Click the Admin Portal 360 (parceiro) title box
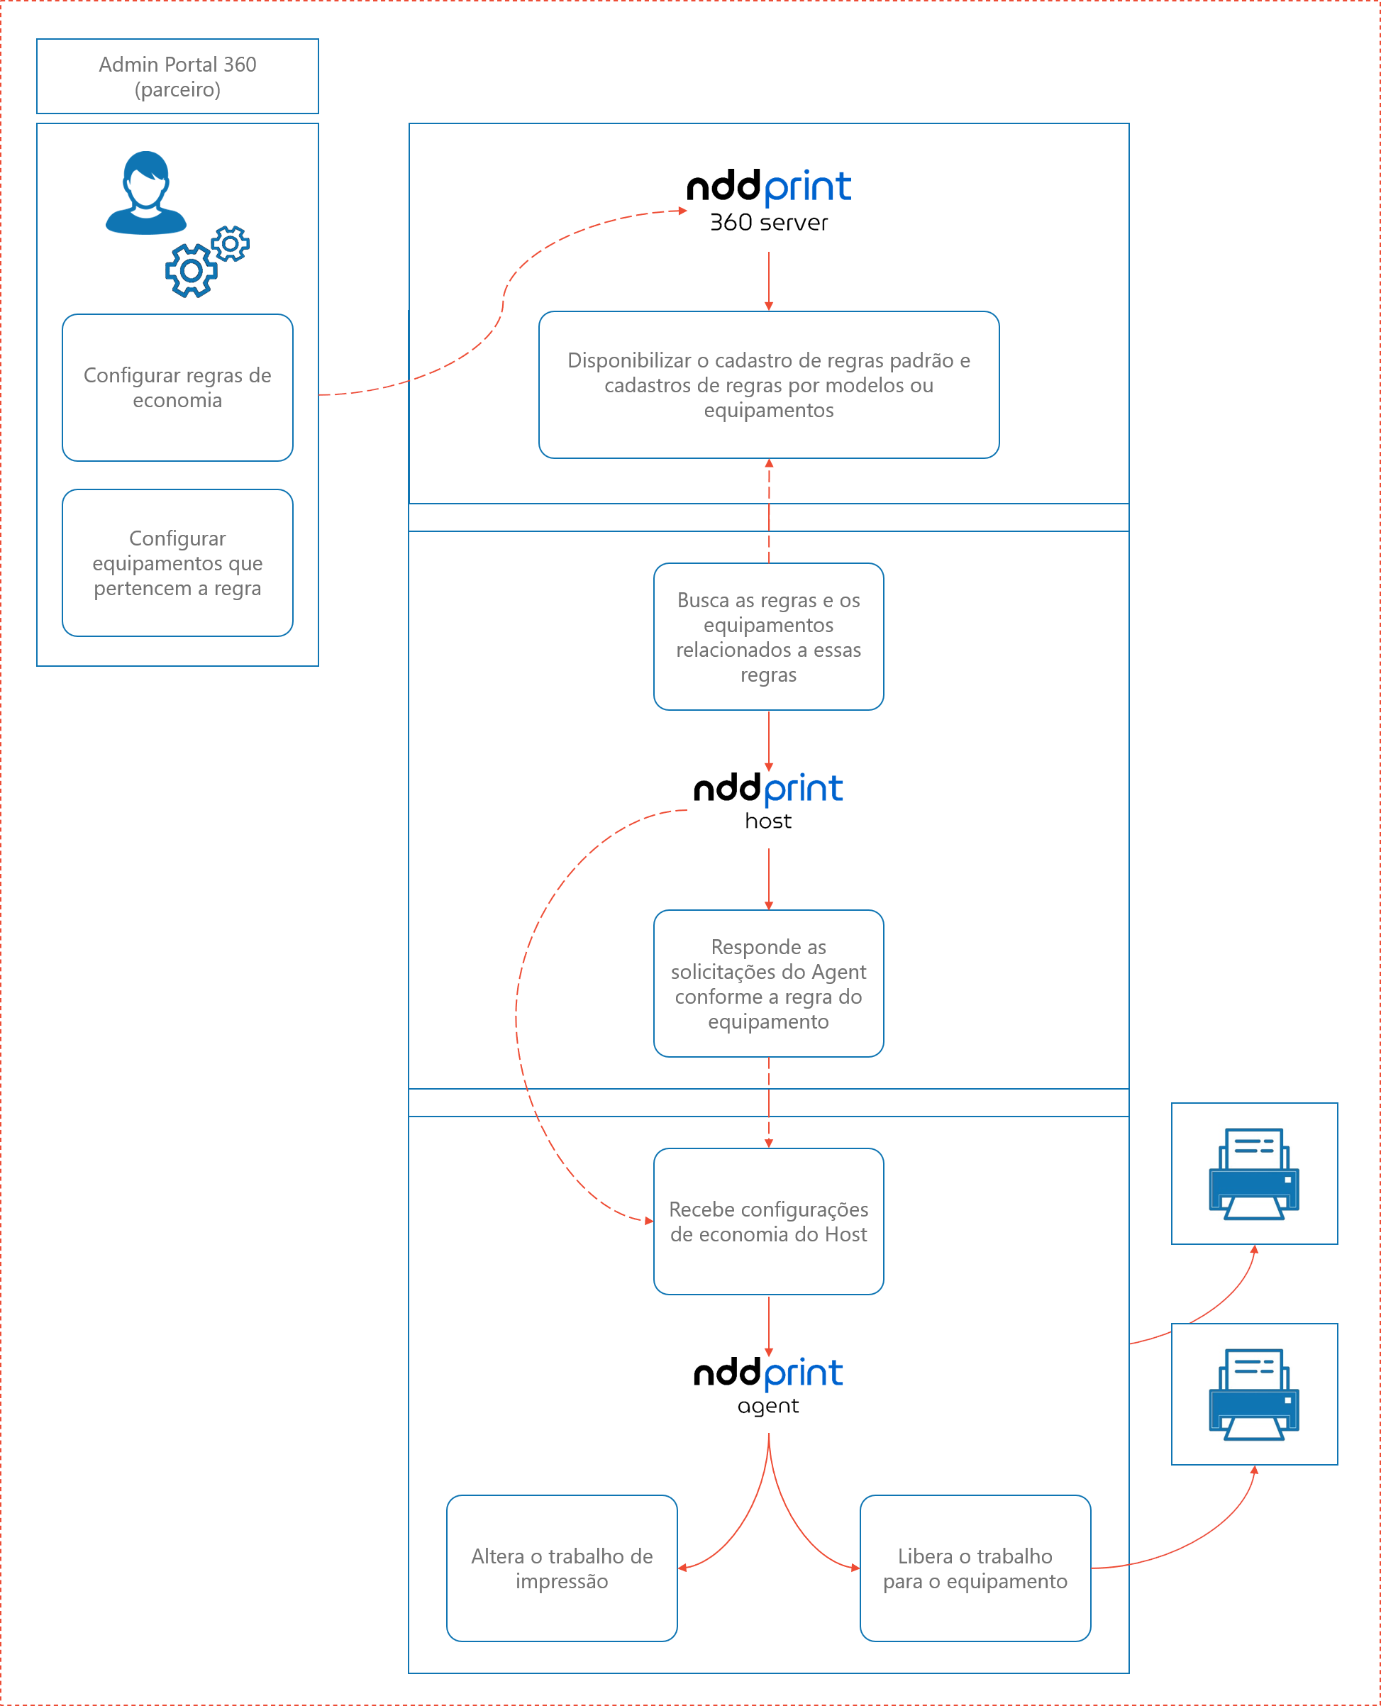[x=177, y=77]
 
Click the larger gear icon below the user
[x=191, y=270]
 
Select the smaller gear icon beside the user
[x=231, y=243]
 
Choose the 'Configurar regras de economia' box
[x=177, y=387]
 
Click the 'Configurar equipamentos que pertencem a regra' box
[x=177, y=563]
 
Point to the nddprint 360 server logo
[x=768, y=199]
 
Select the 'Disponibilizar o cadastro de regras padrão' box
[x=768, y=384]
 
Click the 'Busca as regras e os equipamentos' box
[x=768, y=636]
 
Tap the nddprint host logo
[x=768, y=799]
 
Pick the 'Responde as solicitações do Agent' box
[x=768, y=983]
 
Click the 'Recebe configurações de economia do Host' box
[x=768, y=1222]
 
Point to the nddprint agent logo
[x=768, y=1385]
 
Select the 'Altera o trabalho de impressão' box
[x=562, y=1568]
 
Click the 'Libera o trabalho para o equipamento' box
[x=975, y=1568]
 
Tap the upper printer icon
[x=1255, y=1174]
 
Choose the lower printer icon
[x=1255, y=1394]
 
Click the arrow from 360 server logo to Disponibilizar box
[x=768, y=281]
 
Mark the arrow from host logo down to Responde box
[x=768, y=878]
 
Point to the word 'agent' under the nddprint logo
[x=768, y=1406]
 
